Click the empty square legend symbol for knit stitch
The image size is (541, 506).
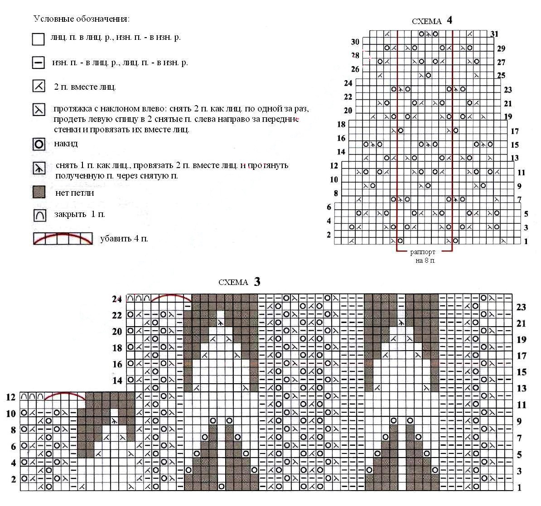(x=38, y=39)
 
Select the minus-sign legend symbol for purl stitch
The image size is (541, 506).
(x=38, y=63)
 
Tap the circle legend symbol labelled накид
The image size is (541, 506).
(x=39, y=145)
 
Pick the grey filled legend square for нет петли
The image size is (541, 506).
(x=39, y=193)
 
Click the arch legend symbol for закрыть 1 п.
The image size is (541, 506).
(x=39, y=215)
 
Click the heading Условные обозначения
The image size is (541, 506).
(x=82, y=19)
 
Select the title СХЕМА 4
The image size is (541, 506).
(x=432, y=21)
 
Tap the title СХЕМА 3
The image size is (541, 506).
(x=239, y=282)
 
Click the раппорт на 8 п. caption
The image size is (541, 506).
(x=423, y=256)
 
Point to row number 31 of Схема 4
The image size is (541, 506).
(x=494, y=34)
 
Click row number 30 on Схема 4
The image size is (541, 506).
(x=355, y=42)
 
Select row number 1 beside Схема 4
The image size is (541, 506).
(x=526, y=241)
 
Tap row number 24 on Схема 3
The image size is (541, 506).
(x=117, y=299)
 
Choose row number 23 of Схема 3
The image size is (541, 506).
(x=521, y=308)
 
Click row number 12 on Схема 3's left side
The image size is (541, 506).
(x=11, y=397)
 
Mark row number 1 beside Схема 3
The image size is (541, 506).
(x=519, y=488)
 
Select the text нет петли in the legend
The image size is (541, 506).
(x=75, y=193)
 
